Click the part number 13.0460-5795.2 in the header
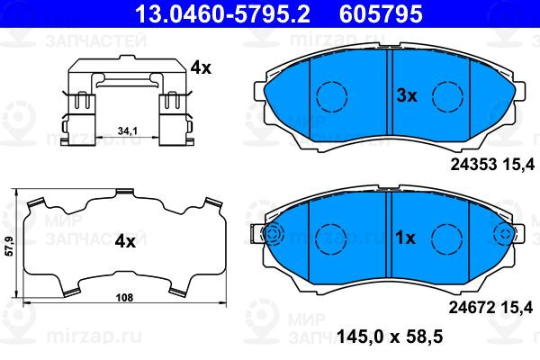[x=223, y=13]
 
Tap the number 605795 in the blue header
[x=381, y=13]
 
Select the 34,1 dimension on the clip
[x=128, y=130]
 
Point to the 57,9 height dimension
[x=10, y=246]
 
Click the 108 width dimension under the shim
[x=124, y=298]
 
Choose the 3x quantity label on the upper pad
[x=407, y=95]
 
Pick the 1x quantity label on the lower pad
[x=405, y=238]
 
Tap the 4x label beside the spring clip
[x=201, y=67]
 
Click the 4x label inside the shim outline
[x=125, y=242]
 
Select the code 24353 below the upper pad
[x=474, y=165]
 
